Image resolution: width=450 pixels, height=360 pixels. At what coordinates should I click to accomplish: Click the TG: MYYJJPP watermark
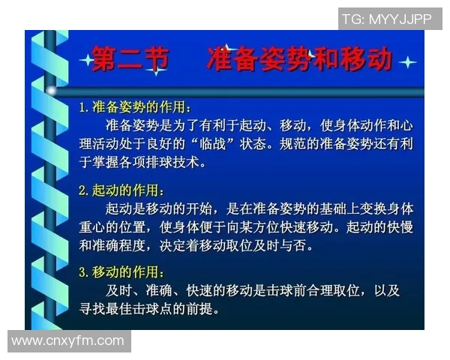tap(386, 19)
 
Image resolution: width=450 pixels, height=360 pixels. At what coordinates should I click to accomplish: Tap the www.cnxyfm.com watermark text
tap(68, 341)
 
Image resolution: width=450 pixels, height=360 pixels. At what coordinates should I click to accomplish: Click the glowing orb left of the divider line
tap(52, 91)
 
